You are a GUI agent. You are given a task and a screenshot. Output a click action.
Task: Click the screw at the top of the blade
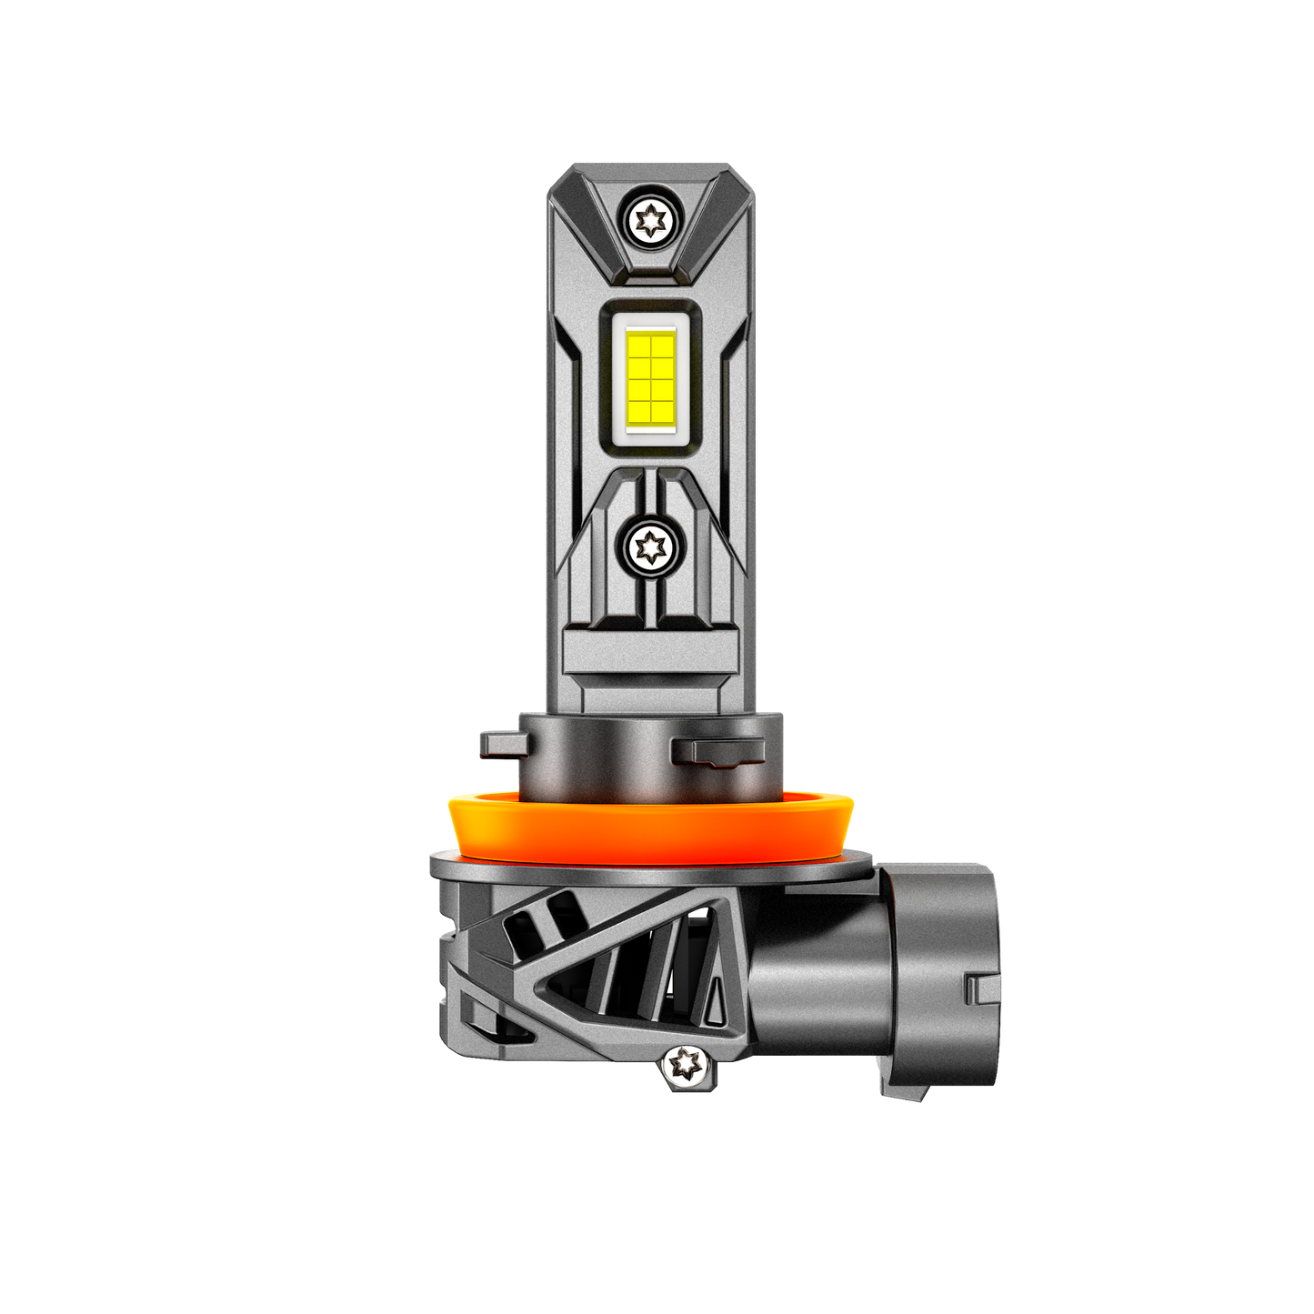pos(652,218)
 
